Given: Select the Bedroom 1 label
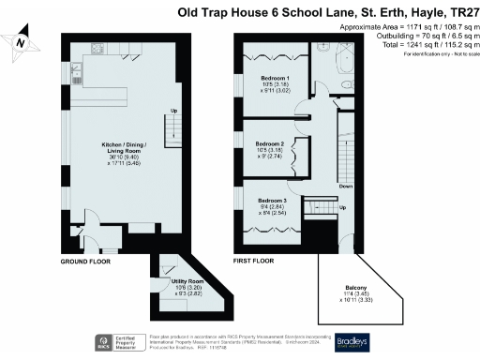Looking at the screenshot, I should click(x=275, y=78).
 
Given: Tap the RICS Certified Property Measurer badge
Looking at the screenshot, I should click(x=108, y=341).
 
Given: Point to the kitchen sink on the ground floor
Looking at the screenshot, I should click(x=73, y=70).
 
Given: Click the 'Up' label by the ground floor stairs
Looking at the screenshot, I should click(x=172, y=112).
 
